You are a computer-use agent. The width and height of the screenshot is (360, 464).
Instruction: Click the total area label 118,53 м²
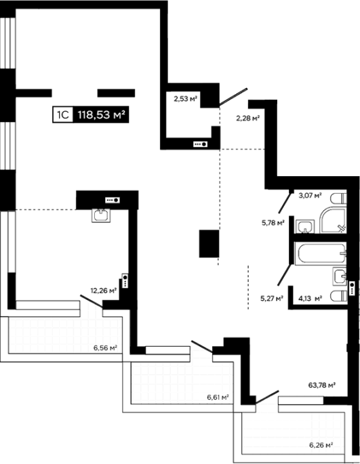click(x=101, y=114)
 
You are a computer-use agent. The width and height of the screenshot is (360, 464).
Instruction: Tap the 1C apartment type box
click(x=63, y=114)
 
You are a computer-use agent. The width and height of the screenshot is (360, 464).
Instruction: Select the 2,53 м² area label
click(x=186, y=99)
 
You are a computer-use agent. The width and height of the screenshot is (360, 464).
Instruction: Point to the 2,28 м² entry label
click(x=247, y=119)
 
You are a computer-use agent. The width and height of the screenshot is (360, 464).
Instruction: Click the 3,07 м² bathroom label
click(x=310, y=195)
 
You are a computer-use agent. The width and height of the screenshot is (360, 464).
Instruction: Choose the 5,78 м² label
click(x=273, y=223)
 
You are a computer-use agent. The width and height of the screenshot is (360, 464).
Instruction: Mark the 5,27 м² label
click(x=272, y=298)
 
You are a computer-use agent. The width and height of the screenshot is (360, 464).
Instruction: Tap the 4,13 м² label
click(x=310, y=298)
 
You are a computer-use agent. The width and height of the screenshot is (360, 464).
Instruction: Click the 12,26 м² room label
click(x=104, y=291)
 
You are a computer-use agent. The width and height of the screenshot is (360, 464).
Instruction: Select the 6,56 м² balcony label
click(x=105, y=348)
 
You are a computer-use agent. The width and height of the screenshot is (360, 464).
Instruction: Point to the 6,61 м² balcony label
click(x=218, y=397)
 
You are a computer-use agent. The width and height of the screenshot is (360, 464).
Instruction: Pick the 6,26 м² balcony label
click(x=321, y=445)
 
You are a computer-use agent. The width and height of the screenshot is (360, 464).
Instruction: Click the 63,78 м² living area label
click(x=322, y=385)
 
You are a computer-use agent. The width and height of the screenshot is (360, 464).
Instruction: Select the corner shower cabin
click(x=333, y=220)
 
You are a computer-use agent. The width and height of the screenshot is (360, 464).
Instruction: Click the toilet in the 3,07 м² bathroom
click(x=339, y=198)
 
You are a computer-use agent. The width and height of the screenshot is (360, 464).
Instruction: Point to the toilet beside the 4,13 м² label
click(x=339, y=297)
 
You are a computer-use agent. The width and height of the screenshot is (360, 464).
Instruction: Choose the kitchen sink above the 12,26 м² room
click(x=101, y=215)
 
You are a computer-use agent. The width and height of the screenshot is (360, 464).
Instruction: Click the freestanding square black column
click(x=209, y=244)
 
